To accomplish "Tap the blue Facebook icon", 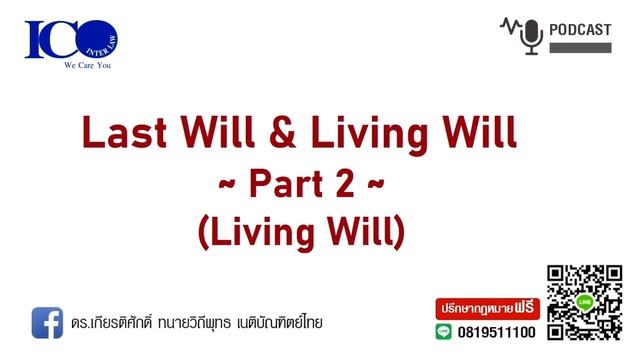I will [47, 322].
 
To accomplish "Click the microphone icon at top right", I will [532, 36].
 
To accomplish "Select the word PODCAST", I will [580, 30].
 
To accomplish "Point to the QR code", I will [583, 301].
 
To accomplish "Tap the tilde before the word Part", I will [229, 186].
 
